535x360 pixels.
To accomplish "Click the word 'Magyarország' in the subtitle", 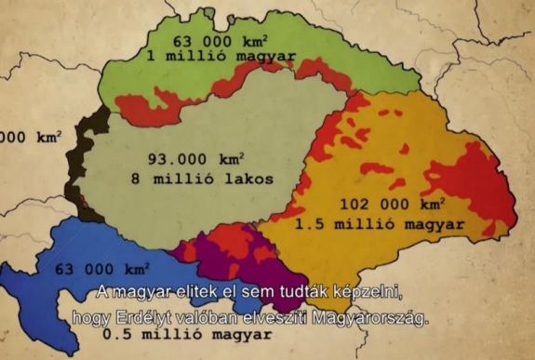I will coord(378,317).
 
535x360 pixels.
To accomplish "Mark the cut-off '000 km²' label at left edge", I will coord(28,136).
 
